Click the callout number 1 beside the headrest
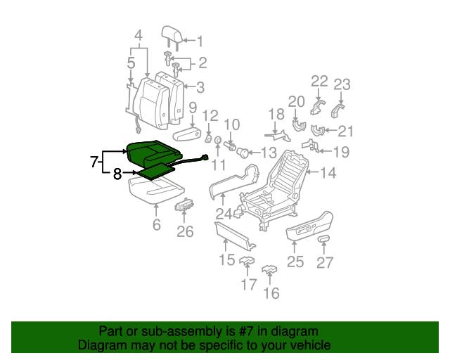(x=198, y=41)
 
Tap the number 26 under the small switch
(x=184, y=231)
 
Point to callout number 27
(x=324, y=263)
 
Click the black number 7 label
(x=94, y=162)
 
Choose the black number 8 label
(x=118, y=173)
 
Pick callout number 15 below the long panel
(x=226, y=261)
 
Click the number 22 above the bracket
(x=319, y=82)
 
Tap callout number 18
(x=276, y=114)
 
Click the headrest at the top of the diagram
(x=170, y=32)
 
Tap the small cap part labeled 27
(x=324, y=240)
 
